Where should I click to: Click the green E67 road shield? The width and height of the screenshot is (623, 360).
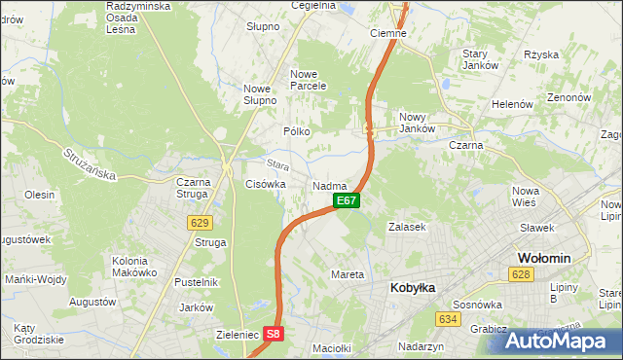point(348,200)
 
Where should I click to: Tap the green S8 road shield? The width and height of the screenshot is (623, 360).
point(274,334)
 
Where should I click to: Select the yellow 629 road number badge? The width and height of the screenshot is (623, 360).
point(201,222)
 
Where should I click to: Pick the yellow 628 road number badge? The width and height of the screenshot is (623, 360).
point(521,276)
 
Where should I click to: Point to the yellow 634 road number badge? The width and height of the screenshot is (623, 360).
point(448,319)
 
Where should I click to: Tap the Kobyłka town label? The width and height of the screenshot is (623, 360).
point(414,288)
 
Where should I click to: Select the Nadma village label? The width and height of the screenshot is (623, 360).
point(330,185)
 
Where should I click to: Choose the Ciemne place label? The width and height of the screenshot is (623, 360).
point(389,32)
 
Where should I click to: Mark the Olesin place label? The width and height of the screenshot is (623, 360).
point(40,195)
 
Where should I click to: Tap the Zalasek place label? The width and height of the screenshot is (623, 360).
point(408,227)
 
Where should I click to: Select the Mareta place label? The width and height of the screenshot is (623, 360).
point(348,274)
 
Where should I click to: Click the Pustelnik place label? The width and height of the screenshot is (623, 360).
point(195,282)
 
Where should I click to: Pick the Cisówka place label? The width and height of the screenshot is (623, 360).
point(266,183)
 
